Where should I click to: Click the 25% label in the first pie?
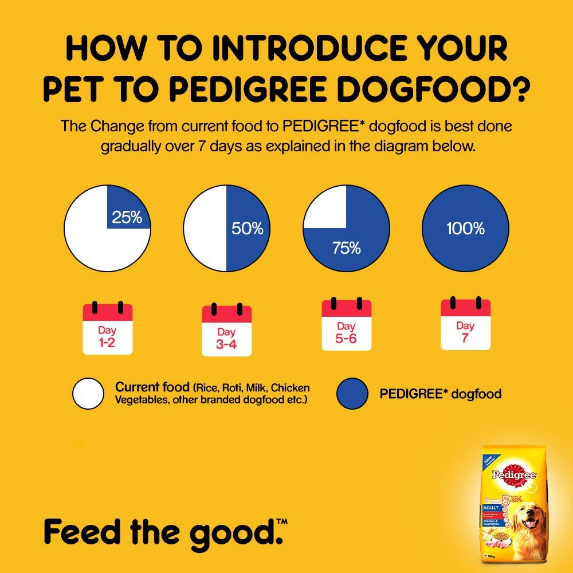128,218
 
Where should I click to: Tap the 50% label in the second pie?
247,229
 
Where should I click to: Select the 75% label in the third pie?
346,248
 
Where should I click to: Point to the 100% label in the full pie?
465,229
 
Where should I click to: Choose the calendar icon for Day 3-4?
227,329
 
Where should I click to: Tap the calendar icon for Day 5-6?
346,324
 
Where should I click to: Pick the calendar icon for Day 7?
465,324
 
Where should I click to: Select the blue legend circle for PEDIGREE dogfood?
352,394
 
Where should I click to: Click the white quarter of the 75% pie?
325,207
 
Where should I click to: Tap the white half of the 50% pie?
205,229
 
